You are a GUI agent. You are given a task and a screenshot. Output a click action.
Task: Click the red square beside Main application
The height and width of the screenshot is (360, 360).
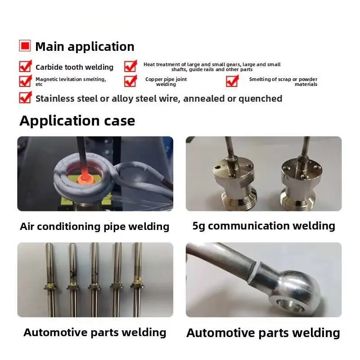[25, 46]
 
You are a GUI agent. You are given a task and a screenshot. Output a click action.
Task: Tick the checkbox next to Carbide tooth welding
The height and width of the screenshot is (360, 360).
[25, 67]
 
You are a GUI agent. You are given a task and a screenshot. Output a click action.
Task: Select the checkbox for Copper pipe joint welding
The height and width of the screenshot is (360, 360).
[130, 81]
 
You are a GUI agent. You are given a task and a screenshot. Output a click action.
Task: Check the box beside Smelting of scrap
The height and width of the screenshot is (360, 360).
[232, 81]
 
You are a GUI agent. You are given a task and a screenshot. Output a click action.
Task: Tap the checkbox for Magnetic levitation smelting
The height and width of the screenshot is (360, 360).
[25, 81]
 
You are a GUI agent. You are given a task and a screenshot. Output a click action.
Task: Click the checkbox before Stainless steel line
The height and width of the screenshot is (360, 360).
[25, 98]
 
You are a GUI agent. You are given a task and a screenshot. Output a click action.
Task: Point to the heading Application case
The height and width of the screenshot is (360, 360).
[77, 121]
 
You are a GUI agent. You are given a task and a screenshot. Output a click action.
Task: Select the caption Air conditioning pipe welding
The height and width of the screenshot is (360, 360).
[94, 226]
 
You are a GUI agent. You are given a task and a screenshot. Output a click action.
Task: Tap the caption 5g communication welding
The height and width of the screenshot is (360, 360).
[264, 225]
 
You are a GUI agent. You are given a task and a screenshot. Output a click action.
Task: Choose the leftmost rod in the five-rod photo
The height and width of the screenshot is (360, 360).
[50, 279]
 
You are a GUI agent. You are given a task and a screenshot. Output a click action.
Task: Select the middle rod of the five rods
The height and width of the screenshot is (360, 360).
[94, 279]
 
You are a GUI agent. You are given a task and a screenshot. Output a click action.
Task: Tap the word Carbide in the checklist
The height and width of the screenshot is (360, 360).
[48, 67]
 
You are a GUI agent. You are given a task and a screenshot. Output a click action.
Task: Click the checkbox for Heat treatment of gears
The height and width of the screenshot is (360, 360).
[130, 67]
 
